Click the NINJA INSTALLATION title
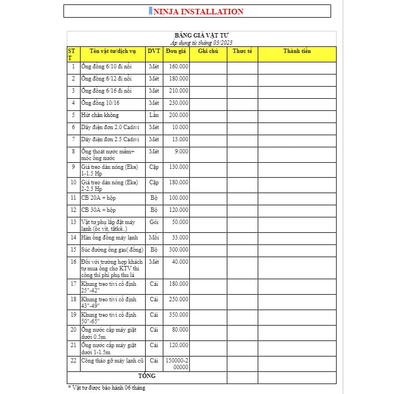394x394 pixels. click(x=197, y=11)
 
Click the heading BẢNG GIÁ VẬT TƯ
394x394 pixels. click(x=201, y=36)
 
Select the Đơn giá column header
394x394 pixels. click(x=176, y=51)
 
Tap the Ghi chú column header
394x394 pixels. click(x=208, y=51)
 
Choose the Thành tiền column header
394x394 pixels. click(x=297, y=51)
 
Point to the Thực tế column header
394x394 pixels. click(x=242, y=51)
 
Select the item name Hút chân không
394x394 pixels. click(x=100, y=115)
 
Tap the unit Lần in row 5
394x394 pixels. click(x=154, y=115)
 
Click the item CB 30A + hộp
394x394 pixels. click(x=99, y=210)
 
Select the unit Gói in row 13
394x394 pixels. click(x=154, y=221)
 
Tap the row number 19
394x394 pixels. click(x=73, y=315)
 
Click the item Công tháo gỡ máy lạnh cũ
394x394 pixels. click(x=112, y=360)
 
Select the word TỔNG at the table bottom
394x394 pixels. click(x=147, y=376)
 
